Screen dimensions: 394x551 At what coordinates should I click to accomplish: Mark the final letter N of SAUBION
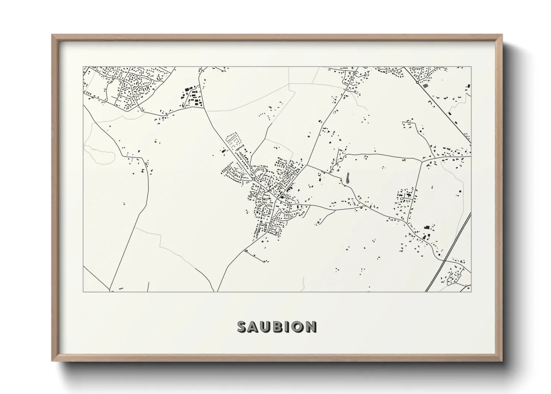click(x=311, y=327)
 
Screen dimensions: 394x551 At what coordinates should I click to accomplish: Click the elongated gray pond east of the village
click(x=348, y=178)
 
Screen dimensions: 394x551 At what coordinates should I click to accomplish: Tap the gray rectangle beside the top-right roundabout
click(x=426, y=85)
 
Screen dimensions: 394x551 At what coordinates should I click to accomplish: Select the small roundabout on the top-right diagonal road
click(x=417, y=82)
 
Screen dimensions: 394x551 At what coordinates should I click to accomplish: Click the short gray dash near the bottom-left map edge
click(x=120, y=289)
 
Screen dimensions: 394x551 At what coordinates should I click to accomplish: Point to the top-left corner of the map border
click(x=83, y=67)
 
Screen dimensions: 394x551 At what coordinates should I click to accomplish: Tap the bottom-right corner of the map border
click(x=471, y=292)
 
